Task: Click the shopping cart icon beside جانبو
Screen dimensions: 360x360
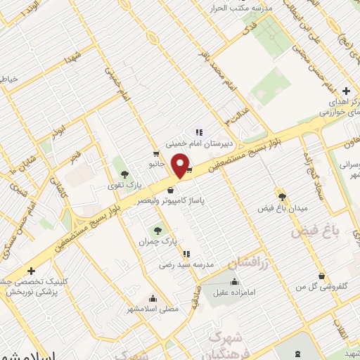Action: (x=155, y=153)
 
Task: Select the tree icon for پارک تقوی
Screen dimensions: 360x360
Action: (x=125, y=174)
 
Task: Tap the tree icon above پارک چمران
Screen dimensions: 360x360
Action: (x=158, y=229)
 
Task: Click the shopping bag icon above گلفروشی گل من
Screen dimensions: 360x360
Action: (x=322, y=276)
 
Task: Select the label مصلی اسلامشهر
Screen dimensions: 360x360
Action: (x=153, y=309)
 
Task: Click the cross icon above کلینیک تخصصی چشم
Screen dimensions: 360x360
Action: (x=31, y=271)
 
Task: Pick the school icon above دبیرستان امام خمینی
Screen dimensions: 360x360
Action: (x=198, y=131)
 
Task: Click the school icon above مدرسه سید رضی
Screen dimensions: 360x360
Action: (x=186, y=253)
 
